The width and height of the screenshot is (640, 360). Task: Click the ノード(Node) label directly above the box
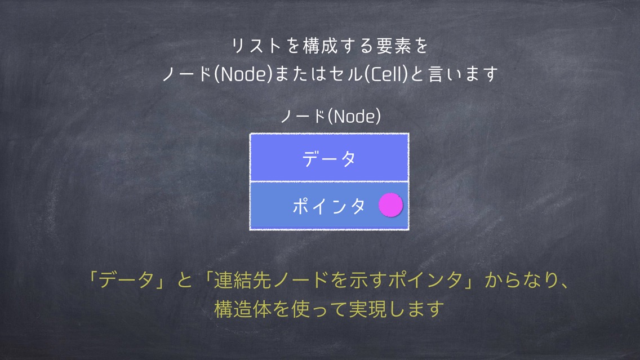coord(331,116)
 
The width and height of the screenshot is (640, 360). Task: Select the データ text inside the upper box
coord(329,158)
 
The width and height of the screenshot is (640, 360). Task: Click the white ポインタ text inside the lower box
coord(328,206)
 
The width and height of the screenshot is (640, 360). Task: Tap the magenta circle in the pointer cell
coord(390,205)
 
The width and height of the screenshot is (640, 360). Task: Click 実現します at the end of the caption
coord(396,309)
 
